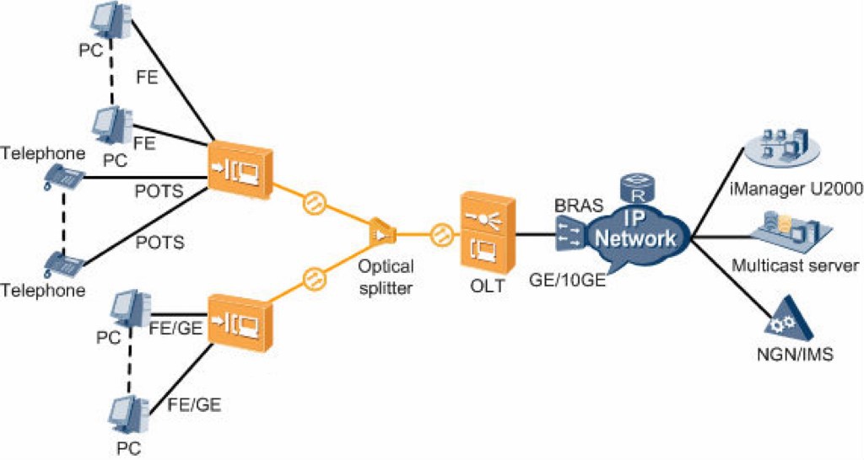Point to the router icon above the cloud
coord(634,185)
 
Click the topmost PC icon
coord(113,24)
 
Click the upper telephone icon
coord(64,177)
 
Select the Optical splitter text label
coord(385,275)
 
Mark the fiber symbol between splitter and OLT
coord(440,233)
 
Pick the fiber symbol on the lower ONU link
coord(312,275)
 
